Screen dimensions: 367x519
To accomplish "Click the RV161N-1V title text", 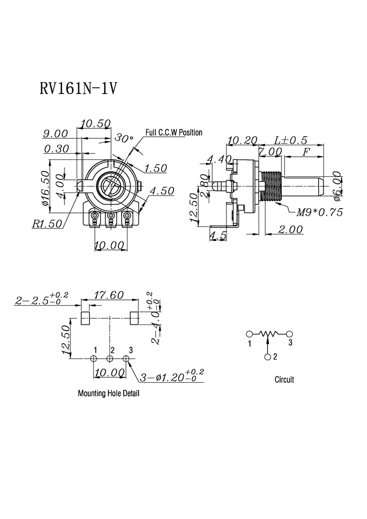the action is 78,89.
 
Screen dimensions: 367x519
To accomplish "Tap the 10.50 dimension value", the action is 95,124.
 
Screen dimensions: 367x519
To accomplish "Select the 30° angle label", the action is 124,138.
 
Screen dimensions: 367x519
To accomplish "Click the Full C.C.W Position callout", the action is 174,133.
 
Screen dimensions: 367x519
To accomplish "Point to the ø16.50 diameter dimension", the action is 46,188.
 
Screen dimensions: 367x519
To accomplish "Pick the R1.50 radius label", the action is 47,223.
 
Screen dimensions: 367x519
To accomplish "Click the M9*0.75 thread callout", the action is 319,212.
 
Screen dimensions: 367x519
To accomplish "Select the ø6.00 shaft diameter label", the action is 337,186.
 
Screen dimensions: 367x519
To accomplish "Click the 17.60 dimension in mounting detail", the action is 109,295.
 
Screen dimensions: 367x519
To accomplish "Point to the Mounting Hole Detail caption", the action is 109,393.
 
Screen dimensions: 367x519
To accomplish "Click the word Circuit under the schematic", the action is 284,380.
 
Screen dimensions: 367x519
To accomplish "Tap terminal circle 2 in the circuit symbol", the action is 268,357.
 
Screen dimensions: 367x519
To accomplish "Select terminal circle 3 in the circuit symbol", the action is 289,333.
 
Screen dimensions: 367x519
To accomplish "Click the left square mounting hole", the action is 85,318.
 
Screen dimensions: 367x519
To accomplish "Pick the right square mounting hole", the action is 134,318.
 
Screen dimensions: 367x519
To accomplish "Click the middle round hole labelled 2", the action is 110,359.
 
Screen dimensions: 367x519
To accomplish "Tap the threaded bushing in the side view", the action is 271,187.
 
